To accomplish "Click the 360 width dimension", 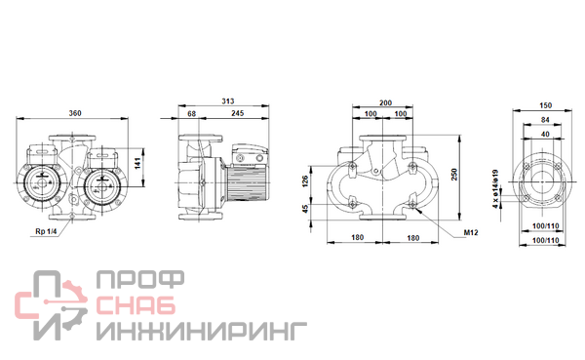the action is (75, 113).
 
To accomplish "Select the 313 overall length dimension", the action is (228, 101).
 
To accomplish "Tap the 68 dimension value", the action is (191, 113).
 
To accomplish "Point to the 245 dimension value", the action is (238, 113).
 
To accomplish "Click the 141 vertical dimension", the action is (137, 163).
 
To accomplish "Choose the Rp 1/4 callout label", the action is (46, 231).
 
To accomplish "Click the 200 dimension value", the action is (385, 102).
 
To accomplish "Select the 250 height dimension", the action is (454, 175).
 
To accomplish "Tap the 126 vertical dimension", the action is (305, 181).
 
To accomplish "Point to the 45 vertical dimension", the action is (305, 209).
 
